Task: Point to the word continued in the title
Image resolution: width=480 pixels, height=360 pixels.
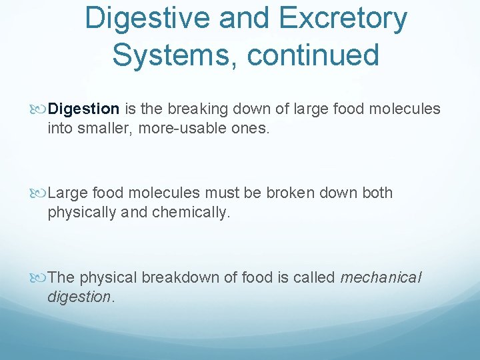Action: [313, 54]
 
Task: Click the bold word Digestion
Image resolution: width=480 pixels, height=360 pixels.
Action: [84, 109]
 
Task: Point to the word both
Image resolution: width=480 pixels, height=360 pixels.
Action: [377, 193]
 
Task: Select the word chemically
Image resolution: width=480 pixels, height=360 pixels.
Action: [191, 213]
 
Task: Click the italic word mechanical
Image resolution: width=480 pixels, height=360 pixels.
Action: [381, 277]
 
